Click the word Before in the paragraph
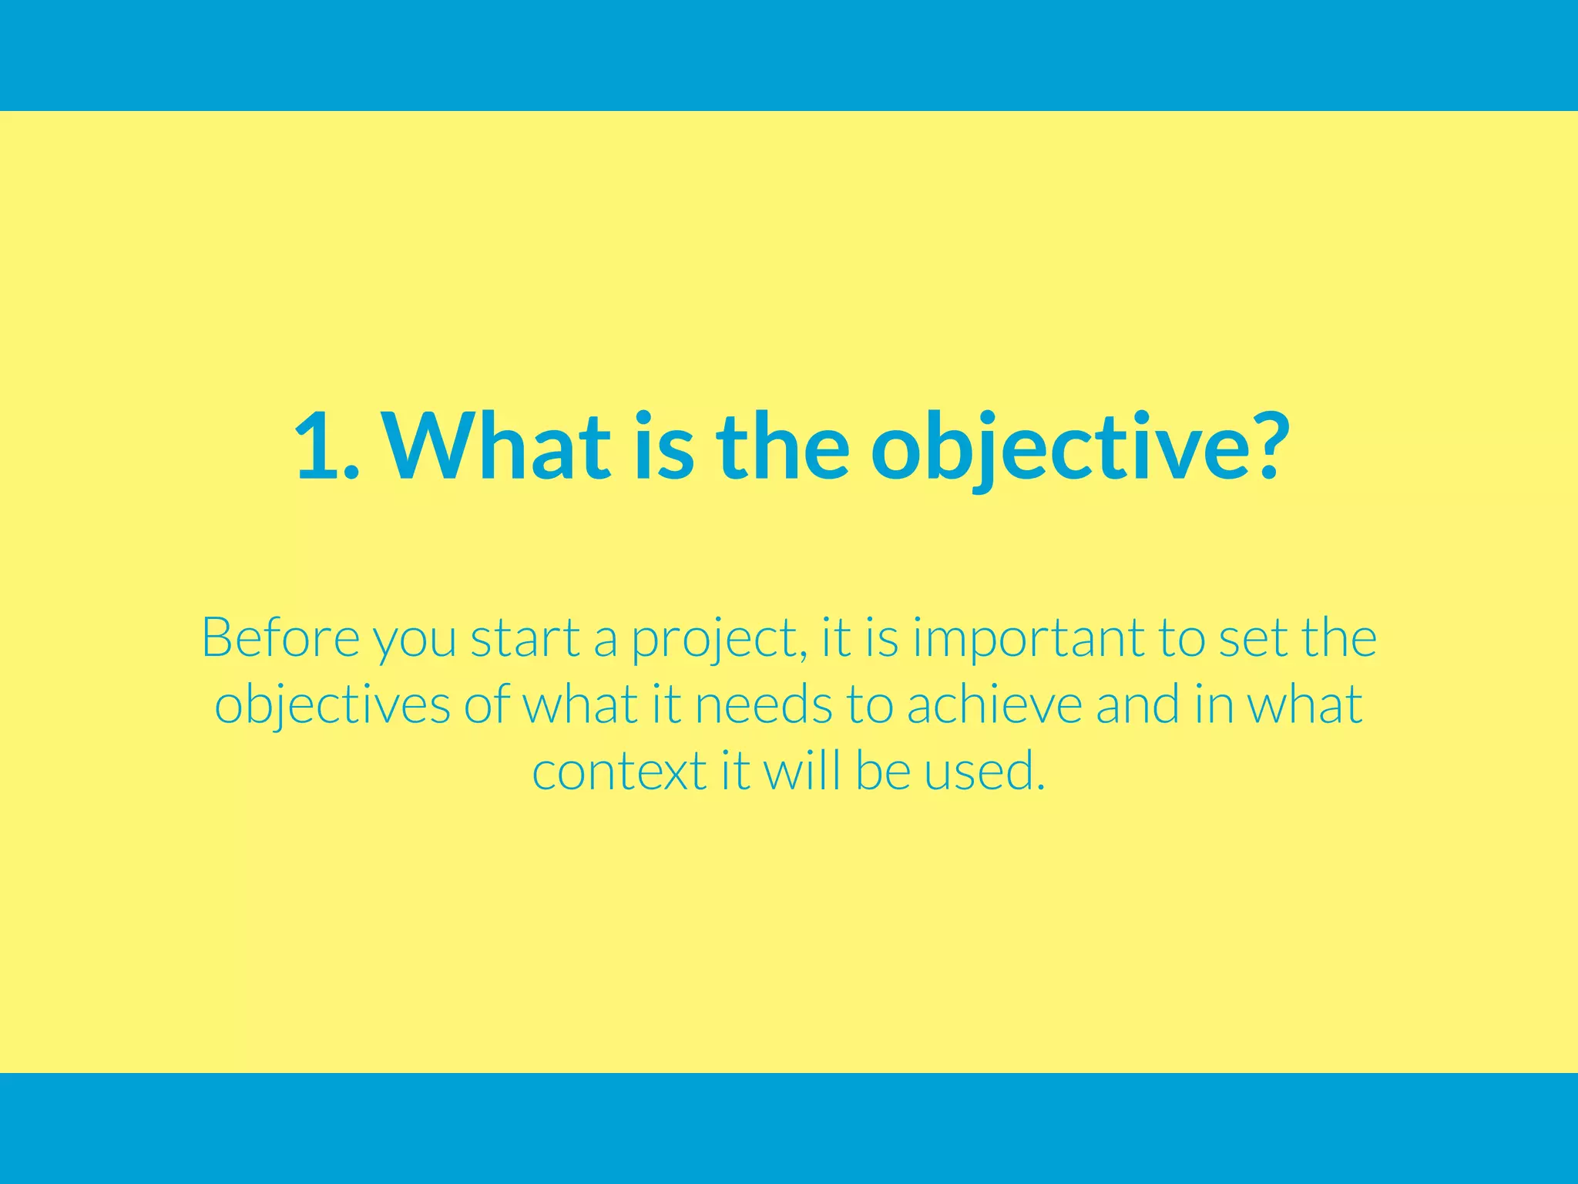[280, 638]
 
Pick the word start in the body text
[525, 638]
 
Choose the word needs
[764, 705]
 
